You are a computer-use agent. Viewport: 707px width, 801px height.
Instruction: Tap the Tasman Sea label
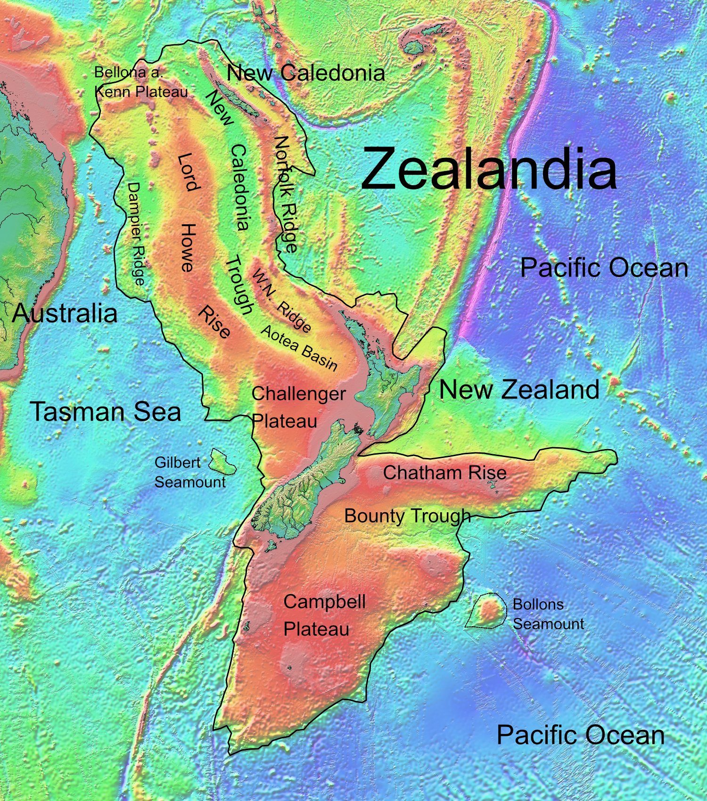(x=106, y=411)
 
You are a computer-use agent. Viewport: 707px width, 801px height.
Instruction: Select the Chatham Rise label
(x=444, y=473)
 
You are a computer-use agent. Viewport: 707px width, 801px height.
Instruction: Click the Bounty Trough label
(x=407, y=515)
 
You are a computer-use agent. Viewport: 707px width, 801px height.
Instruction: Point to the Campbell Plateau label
(x=324, y=615)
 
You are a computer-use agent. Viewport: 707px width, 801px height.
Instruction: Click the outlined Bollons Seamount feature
(x=487, y=611)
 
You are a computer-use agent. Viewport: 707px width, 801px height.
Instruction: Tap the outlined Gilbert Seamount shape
(x=222, y=461)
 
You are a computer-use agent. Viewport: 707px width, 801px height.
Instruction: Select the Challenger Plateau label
(x=298, y=407)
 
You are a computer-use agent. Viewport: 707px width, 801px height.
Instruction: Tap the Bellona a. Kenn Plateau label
(x=140, y=82)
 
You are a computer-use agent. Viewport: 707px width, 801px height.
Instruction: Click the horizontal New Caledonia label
(x=305, y=73)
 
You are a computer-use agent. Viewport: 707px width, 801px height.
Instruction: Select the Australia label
(x=65, y=313)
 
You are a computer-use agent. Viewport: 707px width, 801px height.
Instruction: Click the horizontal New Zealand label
(x=519, y=390)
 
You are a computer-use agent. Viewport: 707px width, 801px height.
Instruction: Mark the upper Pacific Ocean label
(x=604, y=268)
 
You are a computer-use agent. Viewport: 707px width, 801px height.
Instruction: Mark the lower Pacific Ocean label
(x=580, y=735)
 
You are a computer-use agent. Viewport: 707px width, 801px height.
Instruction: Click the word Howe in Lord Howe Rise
(x=188, y=248)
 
